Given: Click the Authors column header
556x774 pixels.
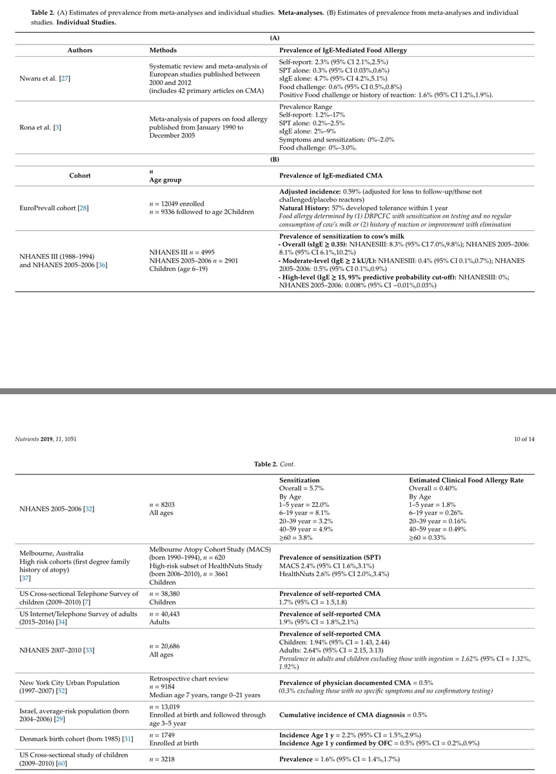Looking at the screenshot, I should click(x=81, y=50).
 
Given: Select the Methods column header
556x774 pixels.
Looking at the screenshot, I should click(x=163, y=50).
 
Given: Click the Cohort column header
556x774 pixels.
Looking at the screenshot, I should click(x=80, y=175).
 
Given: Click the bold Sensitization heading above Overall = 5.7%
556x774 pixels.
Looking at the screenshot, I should click(x=299, y=481).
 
